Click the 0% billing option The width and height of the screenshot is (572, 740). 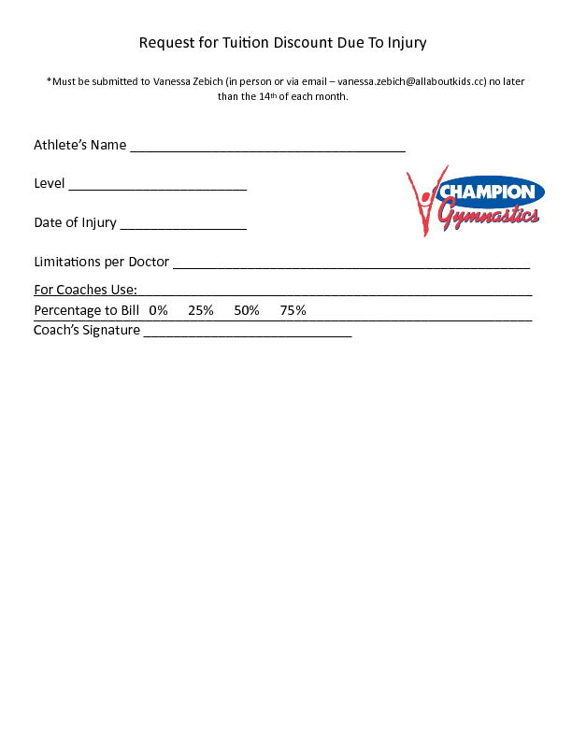point(158,310)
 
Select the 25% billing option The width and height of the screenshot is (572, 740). point(201,310)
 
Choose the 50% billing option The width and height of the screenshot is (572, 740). point(247,310)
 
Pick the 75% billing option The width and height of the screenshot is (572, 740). point(293,310)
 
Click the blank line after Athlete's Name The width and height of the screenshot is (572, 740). point(267,147)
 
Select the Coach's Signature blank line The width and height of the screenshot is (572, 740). point(248,332)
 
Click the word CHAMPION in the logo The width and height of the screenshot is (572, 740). point(488,192)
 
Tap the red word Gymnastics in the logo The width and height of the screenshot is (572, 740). point(489,217)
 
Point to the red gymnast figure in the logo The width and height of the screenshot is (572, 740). point(422,202)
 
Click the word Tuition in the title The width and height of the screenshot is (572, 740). point(244,43)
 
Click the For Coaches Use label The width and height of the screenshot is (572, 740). point(86,290)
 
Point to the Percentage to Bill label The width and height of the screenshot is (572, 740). point(86,310)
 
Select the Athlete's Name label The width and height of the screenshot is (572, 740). point(79,145)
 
